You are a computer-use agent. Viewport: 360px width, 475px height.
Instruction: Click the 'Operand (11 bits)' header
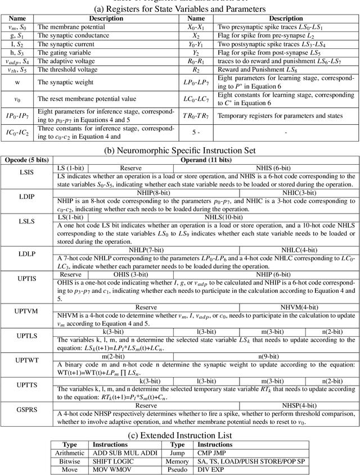(206, 160)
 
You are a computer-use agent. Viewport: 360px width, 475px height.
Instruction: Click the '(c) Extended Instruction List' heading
(179, 435)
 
